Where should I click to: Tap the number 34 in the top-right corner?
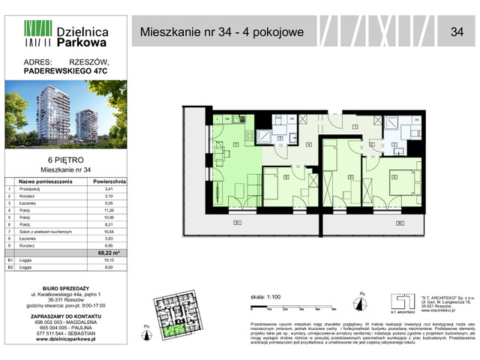pyautogui.click(x=456, y=32)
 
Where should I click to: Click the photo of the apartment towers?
pyautogui.click(x=66, y=120)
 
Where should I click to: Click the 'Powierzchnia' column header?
pyautogui.click(x=112, y=181)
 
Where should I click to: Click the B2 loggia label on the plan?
pyautogui.click(x=400, y=223)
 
